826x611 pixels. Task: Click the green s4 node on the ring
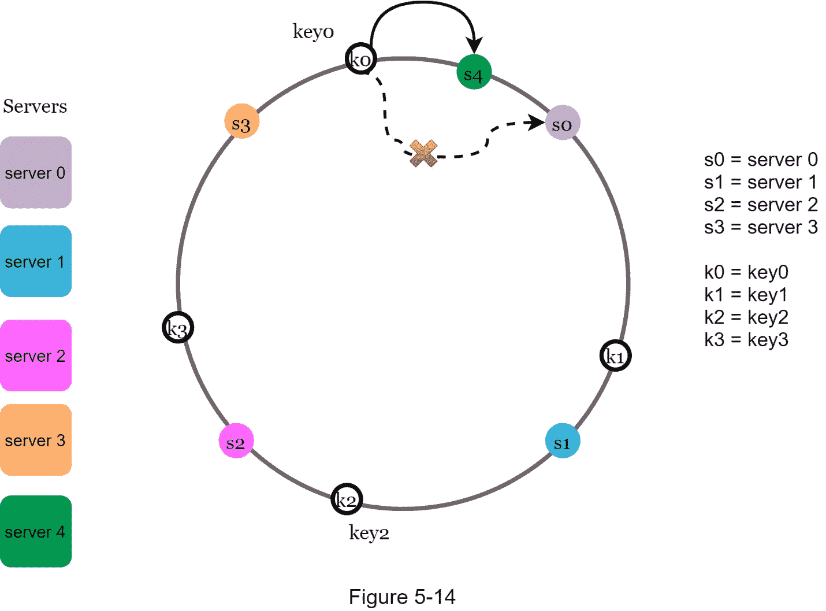[x=474, y=72]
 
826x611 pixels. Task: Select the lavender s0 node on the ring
[x=562, y=123]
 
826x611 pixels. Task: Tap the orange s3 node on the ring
[x=241, y=121]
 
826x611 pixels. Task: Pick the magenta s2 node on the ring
[x=236, y=441]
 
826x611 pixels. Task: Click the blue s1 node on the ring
[x=562, y=441]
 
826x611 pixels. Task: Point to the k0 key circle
[x=361, y=58]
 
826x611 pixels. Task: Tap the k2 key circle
[x=347, y=499]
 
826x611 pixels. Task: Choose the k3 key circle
[x=177, y=327]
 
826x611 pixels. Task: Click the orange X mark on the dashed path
[x=423, y=154]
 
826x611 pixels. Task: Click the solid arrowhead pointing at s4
[x=475, y=46]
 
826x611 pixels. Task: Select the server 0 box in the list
[x=36, y=172]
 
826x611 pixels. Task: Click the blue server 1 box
[x=36, y=261]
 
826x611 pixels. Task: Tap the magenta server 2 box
[x=36, y=356]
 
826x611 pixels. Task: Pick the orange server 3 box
[x=36, y=440]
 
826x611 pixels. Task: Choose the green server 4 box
[x=36, y=531]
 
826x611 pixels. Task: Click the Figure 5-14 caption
[x=402, y=597]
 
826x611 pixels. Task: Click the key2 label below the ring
[x=369, y=532]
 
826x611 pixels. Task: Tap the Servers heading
[x=35, y=106]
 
